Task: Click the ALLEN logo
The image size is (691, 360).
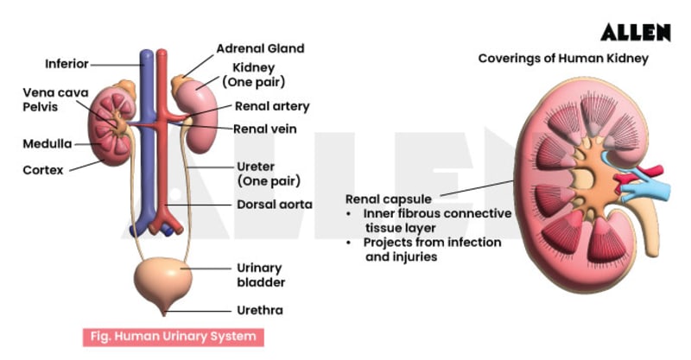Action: (x=636, y=33)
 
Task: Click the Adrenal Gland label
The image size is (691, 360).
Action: (x=260, y=48)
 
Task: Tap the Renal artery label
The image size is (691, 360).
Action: (x=272, y=107)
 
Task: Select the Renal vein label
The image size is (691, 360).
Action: (x=266, y=129)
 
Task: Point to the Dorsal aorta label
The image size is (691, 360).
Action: (x=275, y=205)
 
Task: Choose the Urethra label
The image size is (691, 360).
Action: (x=260, y=310)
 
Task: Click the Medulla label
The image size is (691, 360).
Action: (x=48, y=144)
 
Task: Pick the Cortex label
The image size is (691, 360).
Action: (x=43, y=170)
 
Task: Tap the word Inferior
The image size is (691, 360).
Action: (x=66, y=63)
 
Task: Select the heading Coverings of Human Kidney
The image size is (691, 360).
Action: (x=563, y=59)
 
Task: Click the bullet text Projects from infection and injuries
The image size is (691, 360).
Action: (x=432, y=249)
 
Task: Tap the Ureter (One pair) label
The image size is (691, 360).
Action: (x=269, y=174)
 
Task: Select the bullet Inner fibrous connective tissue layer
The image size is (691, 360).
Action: (x=437, y=220)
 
